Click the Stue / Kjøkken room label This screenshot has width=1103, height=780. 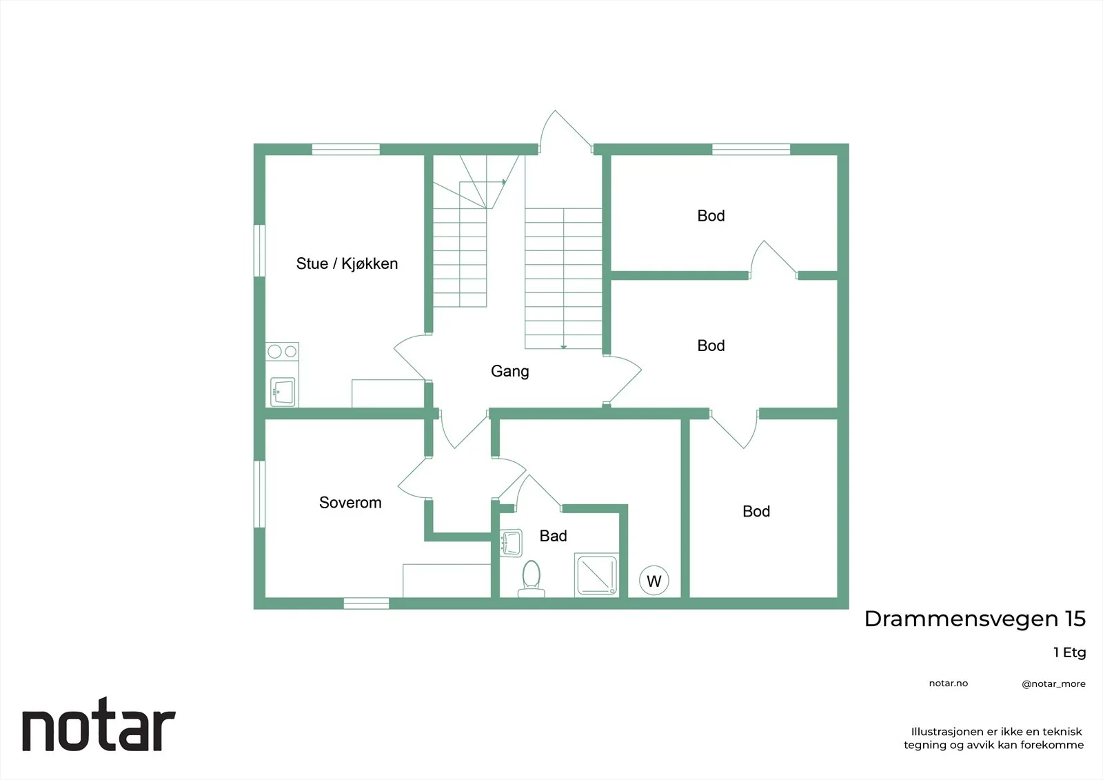[x=347, y=263]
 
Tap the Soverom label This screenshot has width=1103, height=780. [x=350, y=503]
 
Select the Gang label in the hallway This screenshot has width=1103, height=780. [x=509, y=372]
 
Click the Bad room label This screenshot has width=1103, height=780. [x=553, y=536]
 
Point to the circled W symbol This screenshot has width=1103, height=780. [x=654, y=581]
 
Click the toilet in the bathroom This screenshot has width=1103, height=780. [x=532, y=579]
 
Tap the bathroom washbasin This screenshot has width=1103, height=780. [x=511, y=543]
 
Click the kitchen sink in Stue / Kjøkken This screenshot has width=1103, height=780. [x=283, y=392]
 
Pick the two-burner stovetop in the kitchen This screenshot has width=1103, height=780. [x=282, y=351]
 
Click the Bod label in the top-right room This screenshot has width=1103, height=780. [x=711, y=216]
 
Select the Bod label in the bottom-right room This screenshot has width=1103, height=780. [x=756, y=512]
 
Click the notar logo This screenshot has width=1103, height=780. [x=99, y=724]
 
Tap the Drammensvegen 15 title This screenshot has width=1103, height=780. [x=975, y=619]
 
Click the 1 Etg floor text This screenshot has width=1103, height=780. [x=1069, y=652]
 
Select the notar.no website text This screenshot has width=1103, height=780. [x=949, y=683]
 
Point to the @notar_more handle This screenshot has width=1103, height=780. [x=1053, y=684]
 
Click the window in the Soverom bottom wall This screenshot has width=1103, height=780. [x=366, y=603]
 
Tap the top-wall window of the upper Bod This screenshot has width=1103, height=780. [x=751, y=149]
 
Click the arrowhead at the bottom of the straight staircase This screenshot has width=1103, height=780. [x=563, y=347]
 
